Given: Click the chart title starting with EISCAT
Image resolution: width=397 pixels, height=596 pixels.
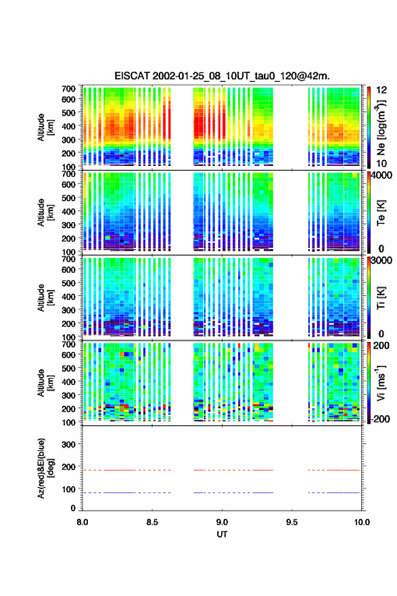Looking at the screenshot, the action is tap(222, 76).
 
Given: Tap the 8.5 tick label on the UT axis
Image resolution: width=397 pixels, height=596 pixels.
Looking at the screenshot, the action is tap(152, 522).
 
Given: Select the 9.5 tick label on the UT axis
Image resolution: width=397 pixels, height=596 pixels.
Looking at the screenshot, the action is tap(292, 522).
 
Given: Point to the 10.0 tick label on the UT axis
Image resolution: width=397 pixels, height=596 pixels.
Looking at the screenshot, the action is tap(362, 522).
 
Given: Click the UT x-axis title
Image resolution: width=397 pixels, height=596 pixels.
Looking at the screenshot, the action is tap(222, 534).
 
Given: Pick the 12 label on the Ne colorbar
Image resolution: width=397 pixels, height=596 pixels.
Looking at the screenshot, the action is tap(381, 90).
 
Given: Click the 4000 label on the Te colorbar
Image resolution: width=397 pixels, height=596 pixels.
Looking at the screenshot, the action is tap(381, 175).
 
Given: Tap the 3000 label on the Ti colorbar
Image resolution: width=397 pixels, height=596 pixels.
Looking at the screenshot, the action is tap(381, 260).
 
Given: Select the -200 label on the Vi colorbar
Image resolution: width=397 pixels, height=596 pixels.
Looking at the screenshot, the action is tap(381, 419).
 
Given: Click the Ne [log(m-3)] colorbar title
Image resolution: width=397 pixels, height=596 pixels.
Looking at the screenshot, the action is tap(381, 128).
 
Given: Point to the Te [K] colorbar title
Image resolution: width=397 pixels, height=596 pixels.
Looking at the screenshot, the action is tap(381, 213).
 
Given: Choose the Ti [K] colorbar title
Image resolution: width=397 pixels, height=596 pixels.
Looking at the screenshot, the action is tap(381, 297).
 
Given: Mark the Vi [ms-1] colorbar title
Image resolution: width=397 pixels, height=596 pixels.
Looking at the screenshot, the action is tap(381, 383).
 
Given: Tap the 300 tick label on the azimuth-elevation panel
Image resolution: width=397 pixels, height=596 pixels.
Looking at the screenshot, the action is tap(68, 444).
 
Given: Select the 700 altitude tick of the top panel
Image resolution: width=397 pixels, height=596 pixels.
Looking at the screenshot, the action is tap(68, 89).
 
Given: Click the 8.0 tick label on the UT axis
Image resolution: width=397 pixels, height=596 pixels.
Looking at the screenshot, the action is tap(83, 522).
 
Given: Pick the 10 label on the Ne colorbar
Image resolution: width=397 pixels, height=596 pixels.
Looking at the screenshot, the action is tap(381, 163).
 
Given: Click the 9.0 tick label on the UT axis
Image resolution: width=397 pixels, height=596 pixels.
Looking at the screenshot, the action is tap(222, 522).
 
